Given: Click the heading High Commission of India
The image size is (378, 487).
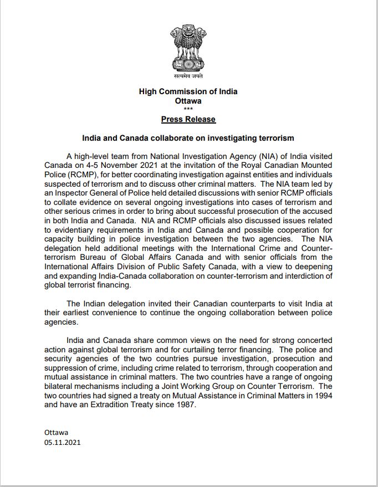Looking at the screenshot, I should (188, 91).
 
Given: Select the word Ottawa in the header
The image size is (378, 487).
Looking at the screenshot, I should (188, 101).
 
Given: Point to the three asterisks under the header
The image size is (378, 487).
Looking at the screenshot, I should (188, 109).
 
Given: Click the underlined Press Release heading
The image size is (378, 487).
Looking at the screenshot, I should (188, 119).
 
